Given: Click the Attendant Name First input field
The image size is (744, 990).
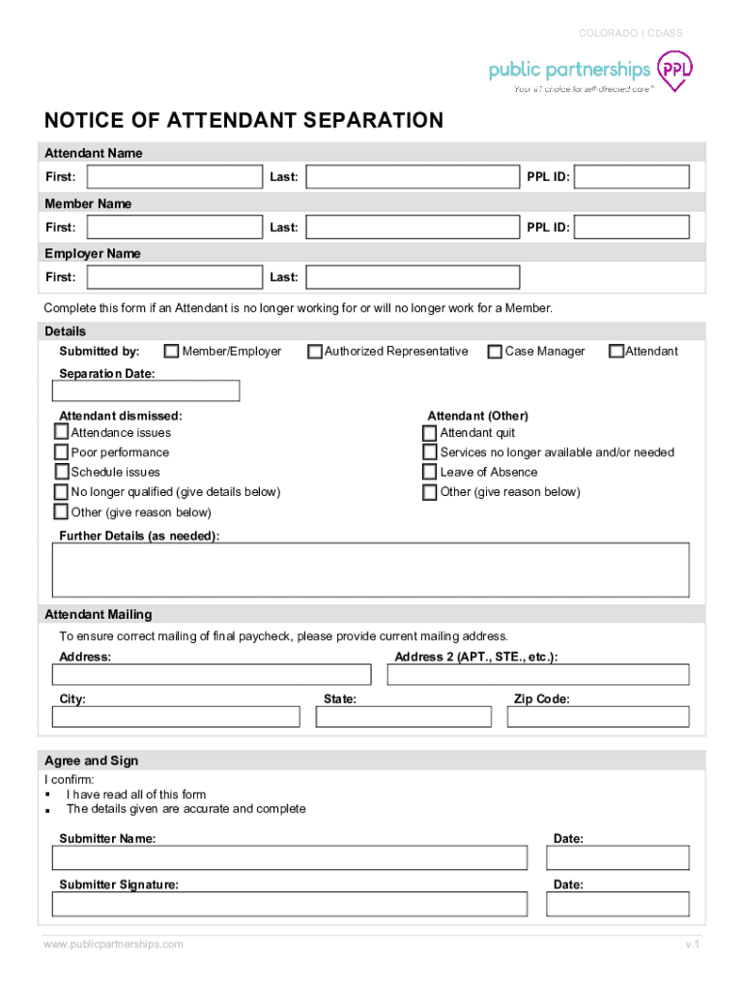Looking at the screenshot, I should coord(174,177).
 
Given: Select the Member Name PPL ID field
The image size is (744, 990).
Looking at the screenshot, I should coord(634,227).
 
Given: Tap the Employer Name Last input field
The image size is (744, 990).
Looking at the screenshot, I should coord(413,277).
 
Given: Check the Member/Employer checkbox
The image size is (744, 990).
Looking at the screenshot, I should coord(172,352).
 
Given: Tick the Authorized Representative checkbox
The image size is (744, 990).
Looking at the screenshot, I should coord(315,352).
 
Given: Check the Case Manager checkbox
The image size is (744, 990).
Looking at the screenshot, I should coord(495,352).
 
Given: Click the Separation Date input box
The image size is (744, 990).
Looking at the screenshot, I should coord(146,391).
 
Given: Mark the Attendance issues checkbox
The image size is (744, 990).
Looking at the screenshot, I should coord(62,432).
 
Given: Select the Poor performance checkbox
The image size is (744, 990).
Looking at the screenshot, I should coord(62,452).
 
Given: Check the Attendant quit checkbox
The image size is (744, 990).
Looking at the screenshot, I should coord(430,433).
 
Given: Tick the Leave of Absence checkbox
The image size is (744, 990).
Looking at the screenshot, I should coord(430,473).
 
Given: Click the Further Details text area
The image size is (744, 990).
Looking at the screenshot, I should coord(371,569).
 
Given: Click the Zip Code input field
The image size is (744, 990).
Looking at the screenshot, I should coord(590,716).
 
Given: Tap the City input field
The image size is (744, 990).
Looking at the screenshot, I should coord(176,716).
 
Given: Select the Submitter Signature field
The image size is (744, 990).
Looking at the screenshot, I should coord(290,904).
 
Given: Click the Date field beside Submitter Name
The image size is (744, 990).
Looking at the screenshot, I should coord(617,858).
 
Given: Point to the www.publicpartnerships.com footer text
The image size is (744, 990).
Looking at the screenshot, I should coord(113,944).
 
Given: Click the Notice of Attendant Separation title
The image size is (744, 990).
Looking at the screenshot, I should coord(243,121).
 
